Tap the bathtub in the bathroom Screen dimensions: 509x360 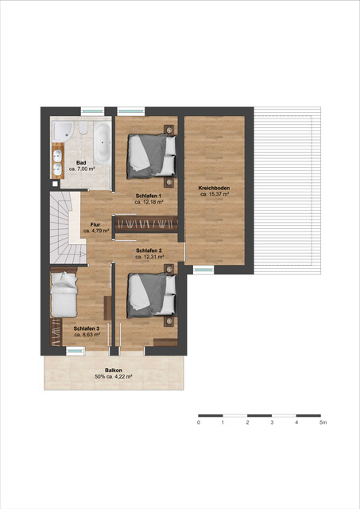(103, 142)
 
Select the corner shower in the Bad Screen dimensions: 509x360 (63, 130)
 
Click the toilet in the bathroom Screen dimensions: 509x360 (82, 130)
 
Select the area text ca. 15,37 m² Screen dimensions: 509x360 (215, 194)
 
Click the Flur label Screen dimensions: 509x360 (95, 224)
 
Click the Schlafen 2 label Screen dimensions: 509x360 (149, 250)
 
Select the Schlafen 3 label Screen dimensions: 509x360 (87, 328)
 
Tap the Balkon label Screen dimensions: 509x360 (114, 370)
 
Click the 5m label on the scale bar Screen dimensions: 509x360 (322, 423)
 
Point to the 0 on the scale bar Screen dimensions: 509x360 (199, 423)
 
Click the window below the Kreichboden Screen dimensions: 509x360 (203, 270)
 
